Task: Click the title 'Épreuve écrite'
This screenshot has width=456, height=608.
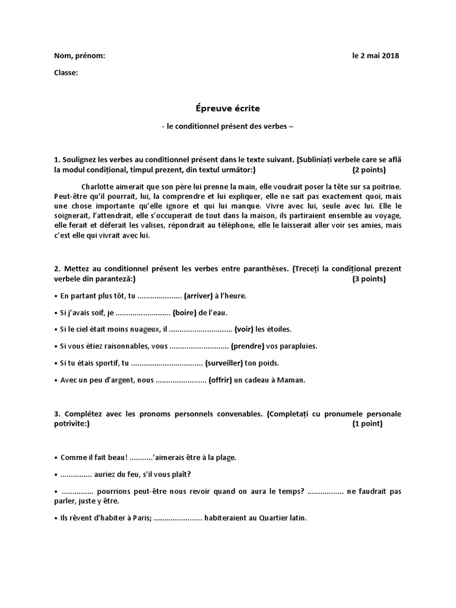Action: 227,109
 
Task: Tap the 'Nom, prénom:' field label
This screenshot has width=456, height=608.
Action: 80,56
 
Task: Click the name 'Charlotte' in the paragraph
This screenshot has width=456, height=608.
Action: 99,186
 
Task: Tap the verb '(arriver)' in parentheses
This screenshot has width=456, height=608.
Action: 202,296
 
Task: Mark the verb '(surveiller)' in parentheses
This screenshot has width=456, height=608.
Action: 225,363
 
